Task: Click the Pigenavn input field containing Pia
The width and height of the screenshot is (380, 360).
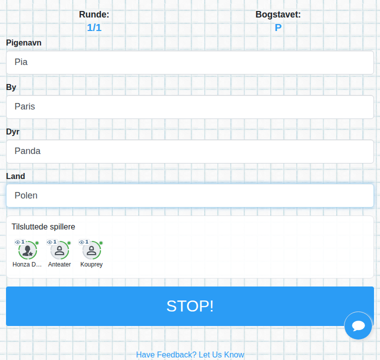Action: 190,62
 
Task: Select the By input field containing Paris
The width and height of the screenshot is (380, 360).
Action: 190,107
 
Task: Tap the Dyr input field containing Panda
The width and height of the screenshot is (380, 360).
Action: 190,151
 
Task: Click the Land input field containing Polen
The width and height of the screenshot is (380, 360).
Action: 190,195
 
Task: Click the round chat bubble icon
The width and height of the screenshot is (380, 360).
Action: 358,325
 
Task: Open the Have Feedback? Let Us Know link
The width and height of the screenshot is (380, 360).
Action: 190,354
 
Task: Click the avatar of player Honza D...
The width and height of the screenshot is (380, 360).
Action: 27,250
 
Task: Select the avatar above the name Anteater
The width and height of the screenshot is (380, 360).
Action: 59,250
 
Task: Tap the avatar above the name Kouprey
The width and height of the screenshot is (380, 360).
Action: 91,250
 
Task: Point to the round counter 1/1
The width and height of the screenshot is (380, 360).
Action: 94,27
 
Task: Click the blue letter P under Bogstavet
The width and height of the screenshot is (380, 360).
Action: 278,27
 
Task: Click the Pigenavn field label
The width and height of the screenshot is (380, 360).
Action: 24,42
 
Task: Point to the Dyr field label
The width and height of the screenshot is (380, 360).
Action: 12,131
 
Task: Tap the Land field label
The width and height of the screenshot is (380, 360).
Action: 15,176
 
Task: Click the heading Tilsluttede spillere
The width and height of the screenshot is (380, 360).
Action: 43,226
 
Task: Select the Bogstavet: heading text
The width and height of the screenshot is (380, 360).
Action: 278,14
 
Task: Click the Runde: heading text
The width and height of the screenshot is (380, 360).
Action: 94,14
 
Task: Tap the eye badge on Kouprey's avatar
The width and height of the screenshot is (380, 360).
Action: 84,242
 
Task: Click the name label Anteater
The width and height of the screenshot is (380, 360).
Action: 59,264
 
